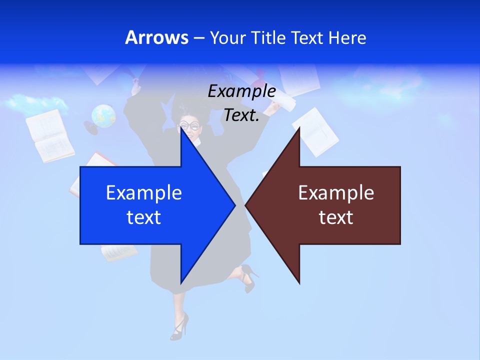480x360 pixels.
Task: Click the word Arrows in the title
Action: (156, 37)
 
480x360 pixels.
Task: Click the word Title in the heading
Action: (268, 37)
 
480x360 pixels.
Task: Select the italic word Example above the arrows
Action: (241, 91)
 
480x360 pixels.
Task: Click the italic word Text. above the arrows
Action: (241, 115)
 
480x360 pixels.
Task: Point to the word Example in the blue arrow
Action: (144, 193)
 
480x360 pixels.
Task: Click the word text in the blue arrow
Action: (144, 217)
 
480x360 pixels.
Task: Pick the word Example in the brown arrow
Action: (336, 193)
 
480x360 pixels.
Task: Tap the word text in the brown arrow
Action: (336, 217)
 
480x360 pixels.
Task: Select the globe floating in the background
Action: (103, 116)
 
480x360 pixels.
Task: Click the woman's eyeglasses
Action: (190, 125)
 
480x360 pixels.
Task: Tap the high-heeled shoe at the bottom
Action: (179, 326)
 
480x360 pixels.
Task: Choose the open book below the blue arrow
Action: (119, 252)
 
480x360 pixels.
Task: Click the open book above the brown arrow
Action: (316, 131)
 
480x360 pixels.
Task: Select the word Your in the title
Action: (227, 37)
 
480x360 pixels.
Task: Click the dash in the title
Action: (199, 38)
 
